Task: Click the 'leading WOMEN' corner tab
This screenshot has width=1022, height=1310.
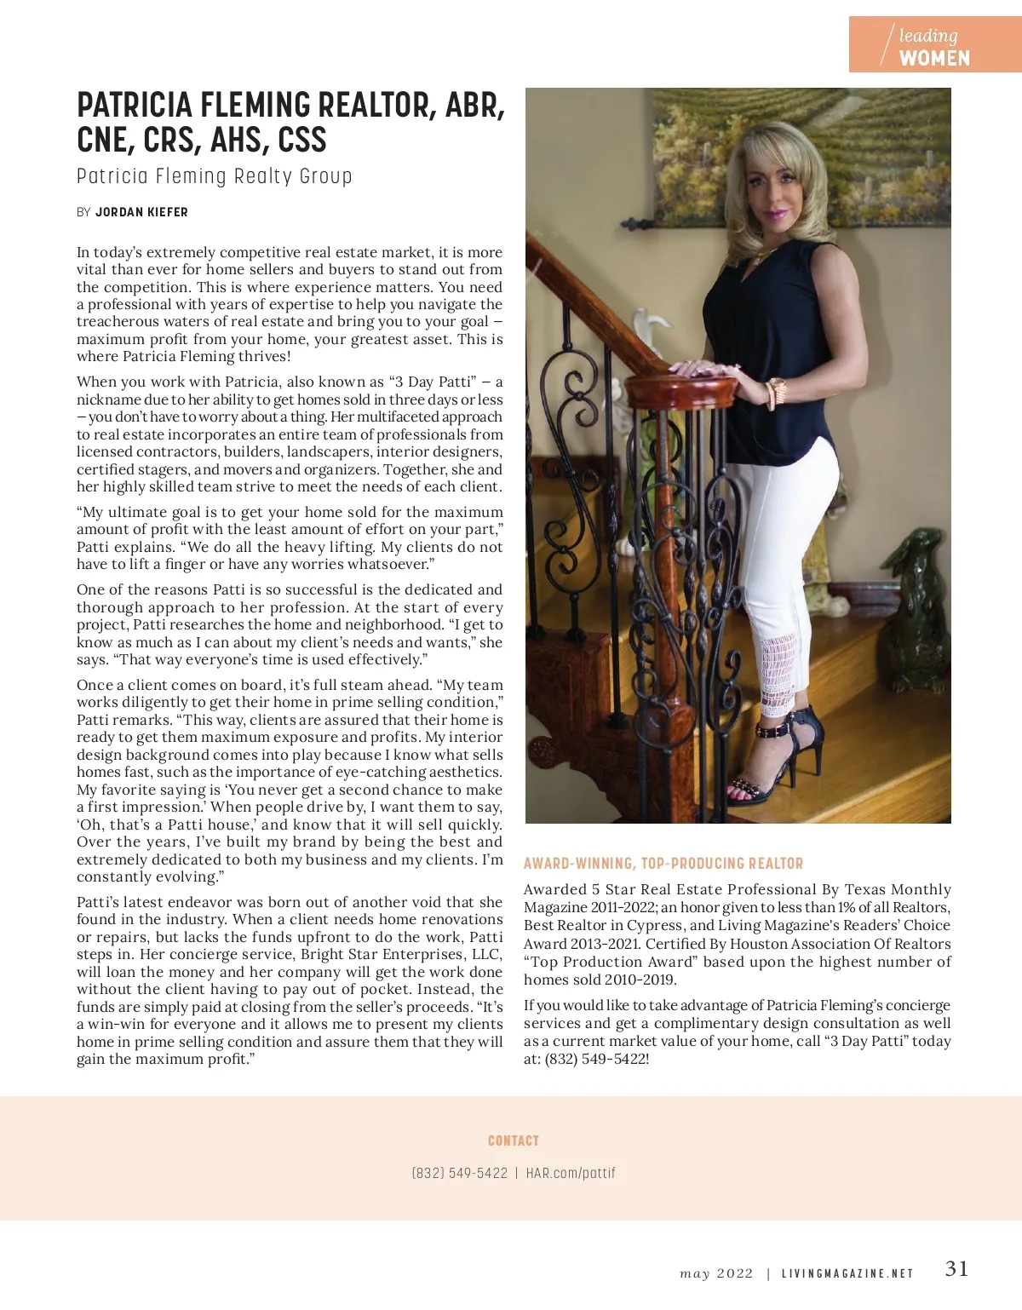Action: click(x=934, y=46)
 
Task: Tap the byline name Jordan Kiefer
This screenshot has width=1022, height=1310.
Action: click(x=141, y=212)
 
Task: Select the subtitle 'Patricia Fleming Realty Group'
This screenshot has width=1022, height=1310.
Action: click(x=214, y=176)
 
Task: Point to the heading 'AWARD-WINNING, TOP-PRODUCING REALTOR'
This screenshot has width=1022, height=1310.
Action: click(x=663, y=864)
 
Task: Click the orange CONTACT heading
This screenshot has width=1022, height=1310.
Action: click(x=513, y=1141)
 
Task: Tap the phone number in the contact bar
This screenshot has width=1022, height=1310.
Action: click(x=459, y=1173)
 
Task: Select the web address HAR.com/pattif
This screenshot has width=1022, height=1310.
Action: click(x=571, y=1173)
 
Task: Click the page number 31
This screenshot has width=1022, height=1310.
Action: click(x=956, y=1269)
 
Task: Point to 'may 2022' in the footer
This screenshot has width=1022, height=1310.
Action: click(x=716, y=1273)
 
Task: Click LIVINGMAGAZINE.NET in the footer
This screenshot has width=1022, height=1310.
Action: click(x=847, y=1273)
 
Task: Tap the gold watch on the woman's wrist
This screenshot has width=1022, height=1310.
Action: click(x=777, y=393)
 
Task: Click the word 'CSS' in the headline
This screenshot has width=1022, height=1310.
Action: click(x=302, y=141)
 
